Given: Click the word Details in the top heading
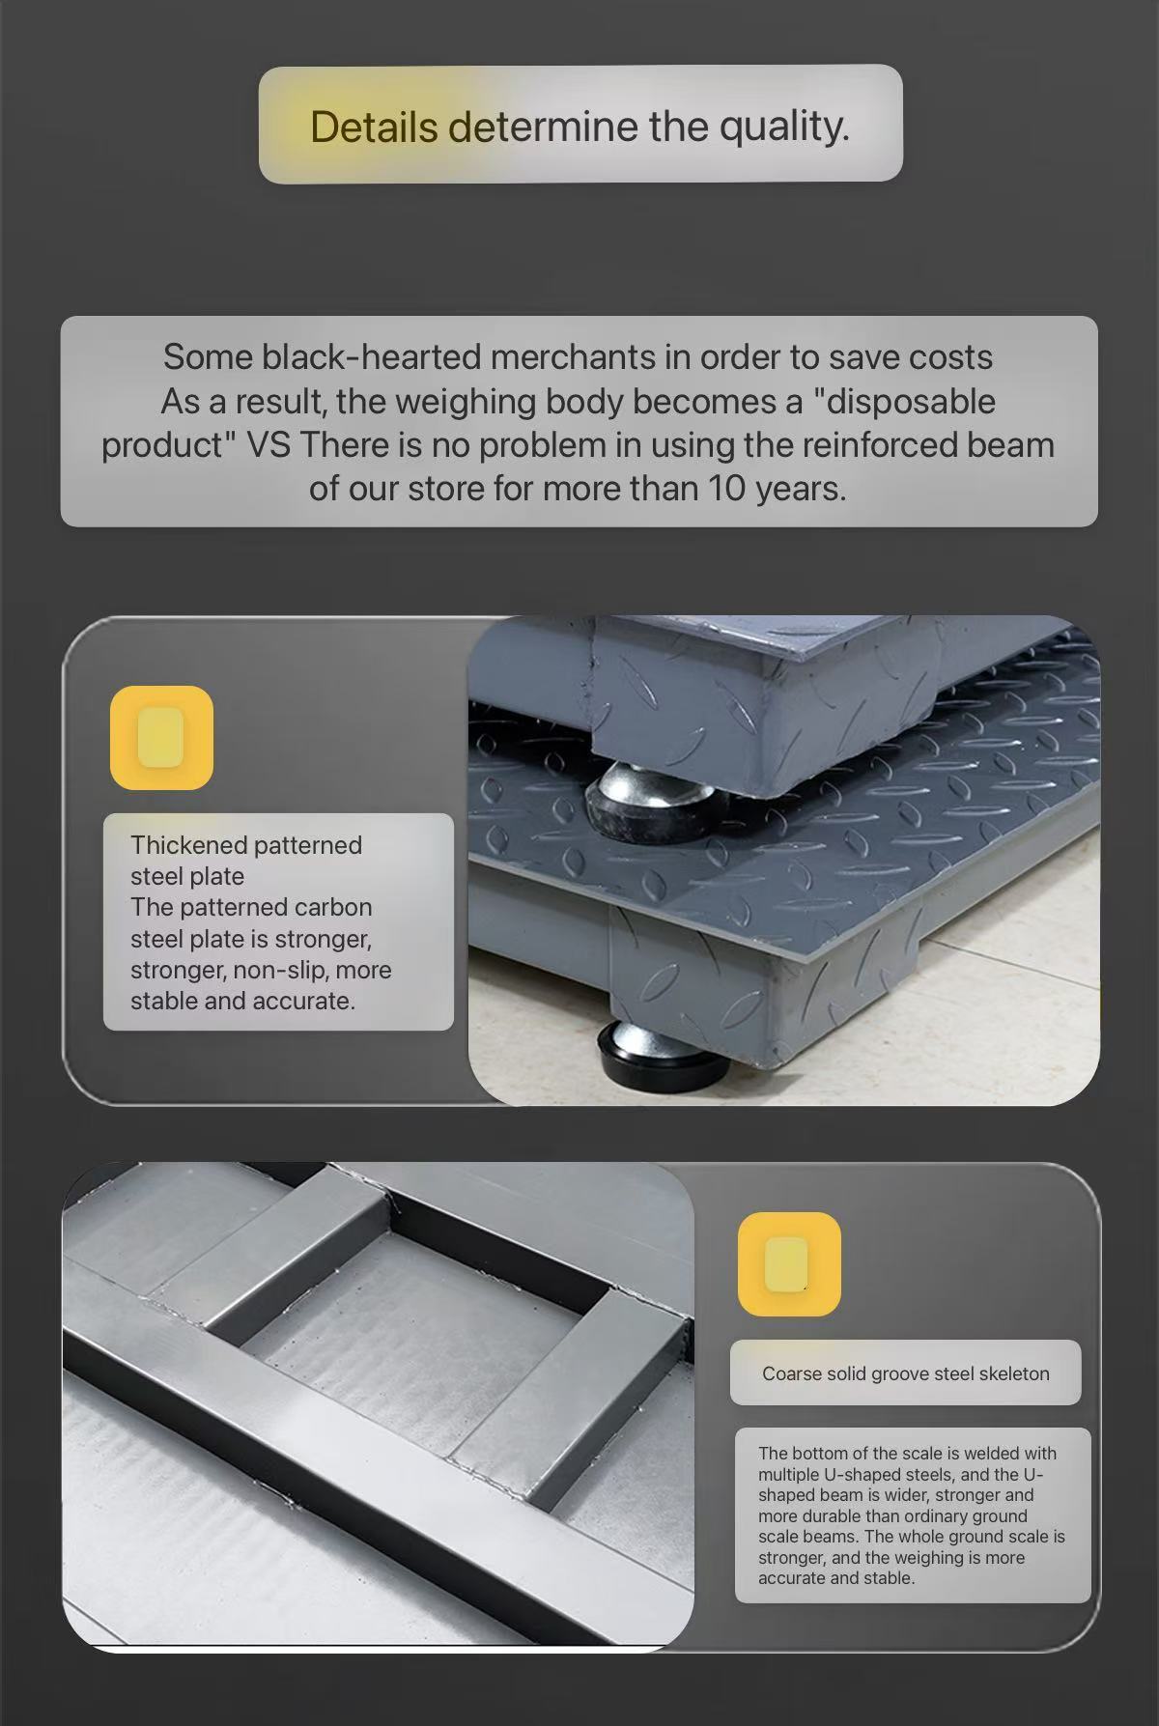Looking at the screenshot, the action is [x=374, y=127].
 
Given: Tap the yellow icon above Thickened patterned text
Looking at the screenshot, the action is [x=161, y=738].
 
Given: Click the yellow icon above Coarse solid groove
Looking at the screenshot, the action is [x=789, y=1263].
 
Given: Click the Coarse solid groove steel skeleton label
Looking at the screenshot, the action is [x=905, y=1373].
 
